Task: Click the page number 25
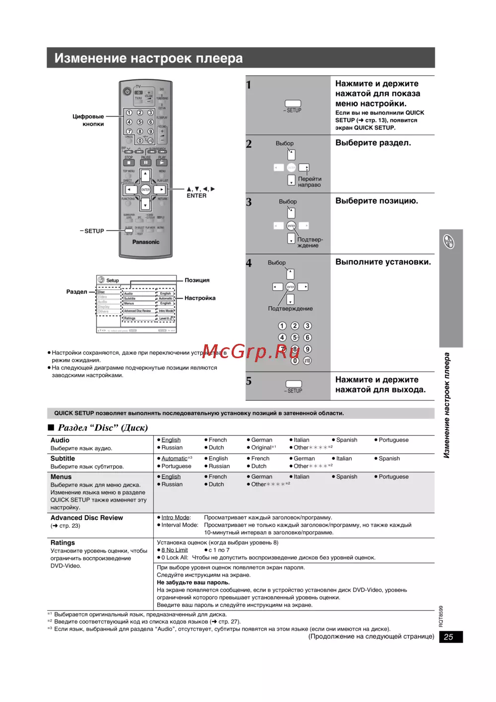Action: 448,637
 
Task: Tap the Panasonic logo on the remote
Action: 146,242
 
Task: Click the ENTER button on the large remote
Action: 145,190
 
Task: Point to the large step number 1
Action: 249,85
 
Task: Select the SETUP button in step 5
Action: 294,384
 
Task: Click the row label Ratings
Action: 62,543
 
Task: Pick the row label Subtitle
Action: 62,458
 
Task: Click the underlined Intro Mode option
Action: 176,517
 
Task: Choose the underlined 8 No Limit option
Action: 174,550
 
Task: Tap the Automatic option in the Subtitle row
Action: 174,458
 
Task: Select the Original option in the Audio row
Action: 261,447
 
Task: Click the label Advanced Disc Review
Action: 87,517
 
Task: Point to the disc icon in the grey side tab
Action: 449,242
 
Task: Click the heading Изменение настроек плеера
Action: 148,58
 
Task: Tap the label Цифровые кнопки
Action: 88,120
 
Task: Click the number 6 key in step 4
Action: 308,337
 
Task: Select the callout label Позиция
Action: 197,280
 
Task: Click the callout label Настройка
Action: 200,298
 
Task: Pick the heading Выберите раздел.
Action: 373,143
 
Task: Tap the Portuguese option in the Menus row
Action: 393,477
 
